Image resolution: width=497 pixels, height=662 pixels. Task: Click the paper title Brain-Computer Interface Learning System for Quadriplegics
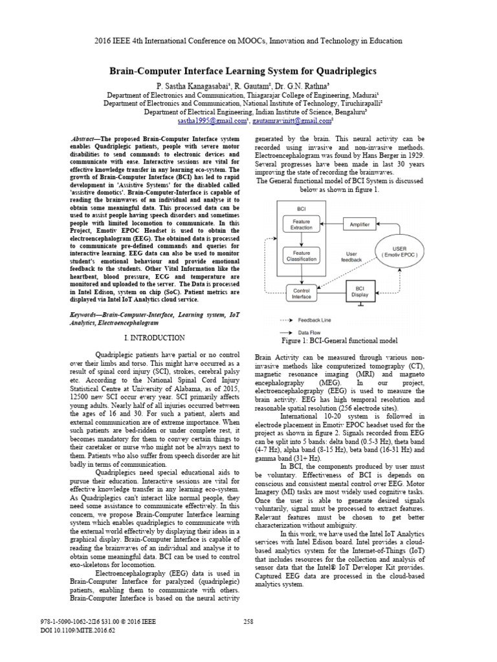click(248, 70)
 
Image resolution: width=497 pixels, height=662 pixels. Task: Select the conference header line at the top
click(248, 41)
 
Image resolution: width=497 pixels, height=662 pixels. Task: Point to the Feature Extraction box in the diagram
click(302, 224)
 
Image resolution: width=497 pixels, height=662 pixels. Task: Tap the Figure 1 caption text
click(340, 341)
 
